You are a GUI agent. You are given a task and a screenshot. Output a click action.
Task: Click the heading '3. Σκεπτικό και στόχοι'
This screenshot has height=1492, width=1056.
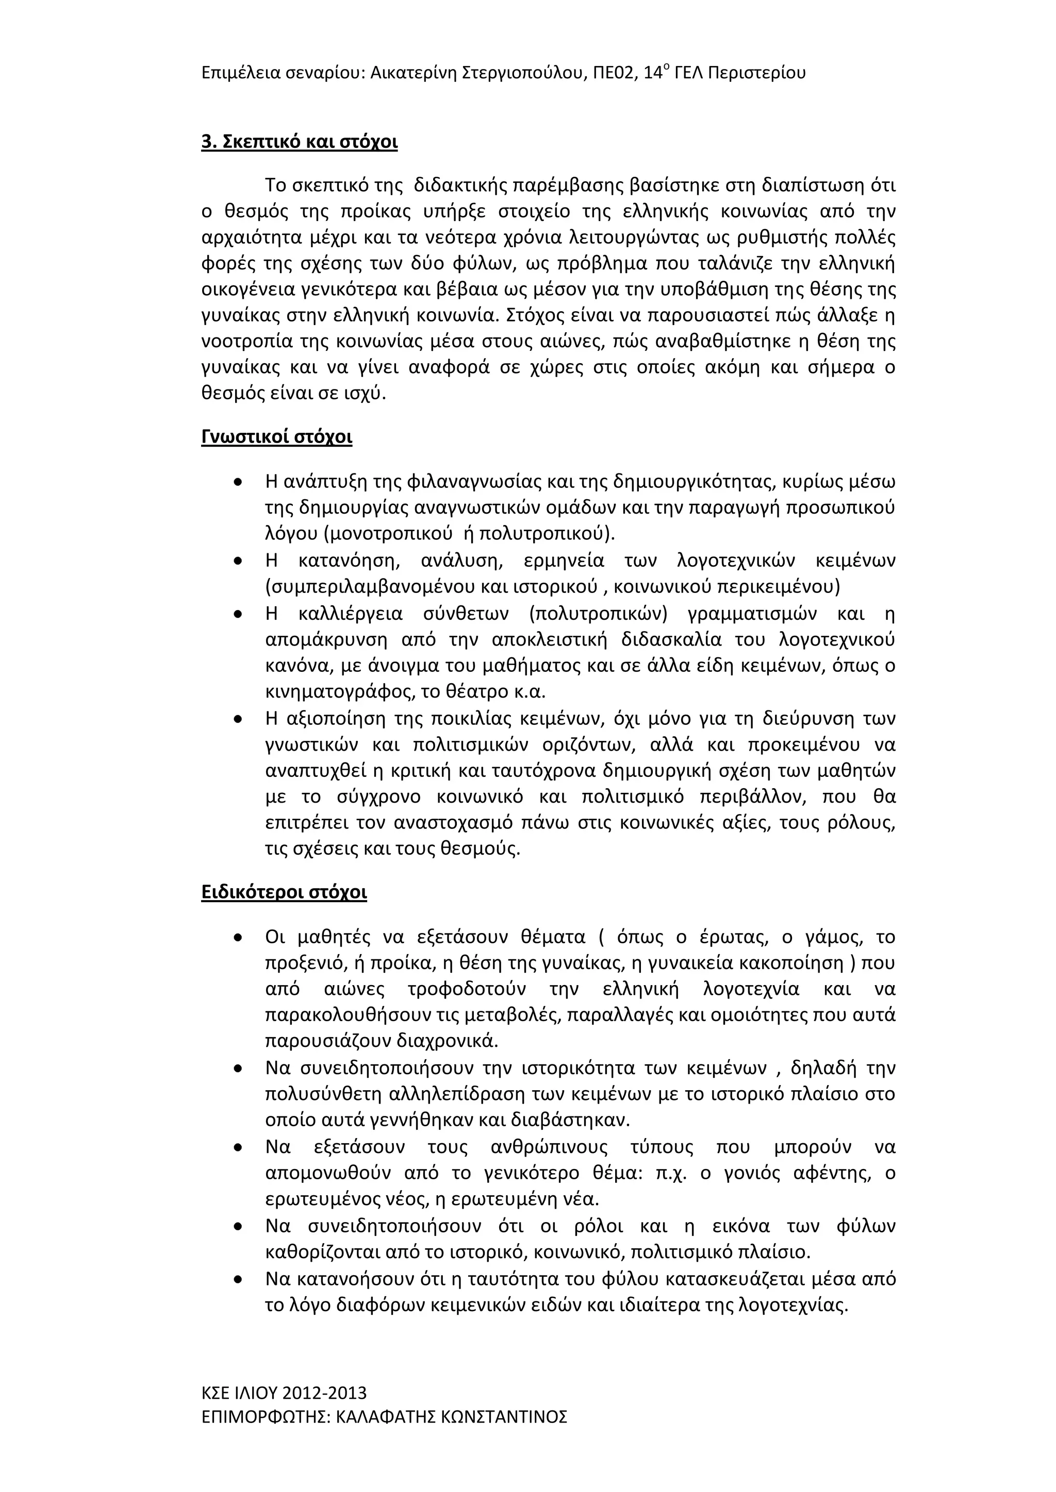click(300, 142)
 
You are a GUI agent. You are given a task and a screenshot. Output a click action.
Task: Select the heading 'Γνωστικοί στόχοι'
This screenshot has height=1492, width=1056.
click(277, 437)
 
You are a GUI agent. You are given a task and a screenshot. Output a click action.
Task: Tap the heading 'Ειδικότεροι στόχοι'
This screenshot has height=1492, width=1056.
click(284, 892)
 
